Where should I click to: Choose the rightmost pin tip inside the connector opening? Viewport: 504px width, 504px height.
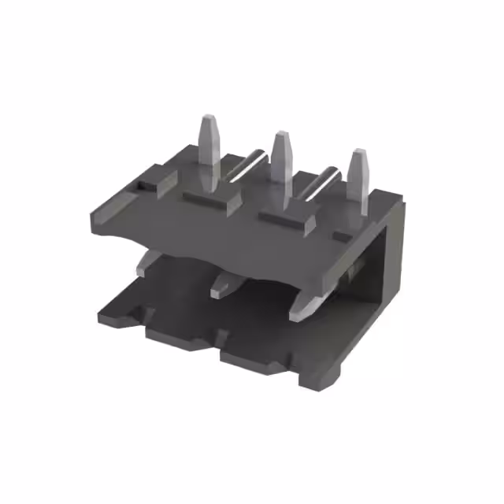(x=300, y=311)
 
